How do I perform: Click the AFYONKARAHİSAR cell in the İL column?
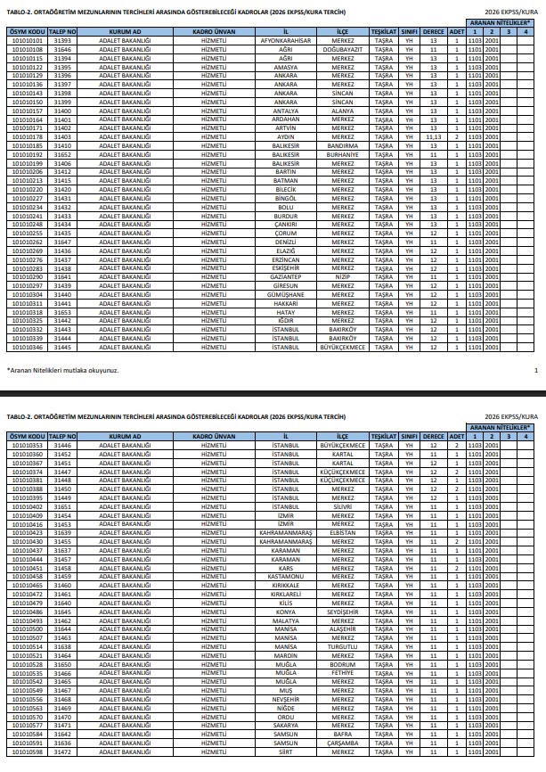[285, 41]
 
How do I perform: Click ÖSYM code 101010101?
[27, 41]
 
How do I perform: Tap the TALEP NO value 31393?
[62, 41]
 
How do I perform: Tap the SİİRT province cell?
[285, 751]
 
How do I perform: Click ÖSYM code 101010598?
[27, 751]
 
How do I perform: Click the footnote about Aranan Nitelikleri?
[62, 370]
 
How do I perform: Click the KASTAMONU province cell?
[285, 577]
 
